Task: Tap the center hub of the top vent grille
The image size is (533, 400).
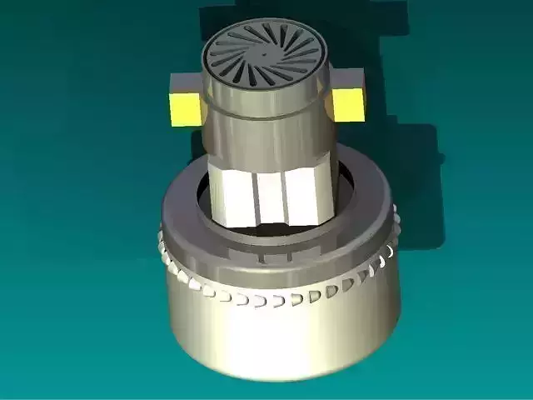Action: coord(264,55)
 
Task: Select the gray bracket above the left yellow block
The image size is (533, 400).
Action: coord(185,83)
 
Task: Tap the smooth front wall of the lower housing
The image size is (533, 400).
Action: coord(275,342)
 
